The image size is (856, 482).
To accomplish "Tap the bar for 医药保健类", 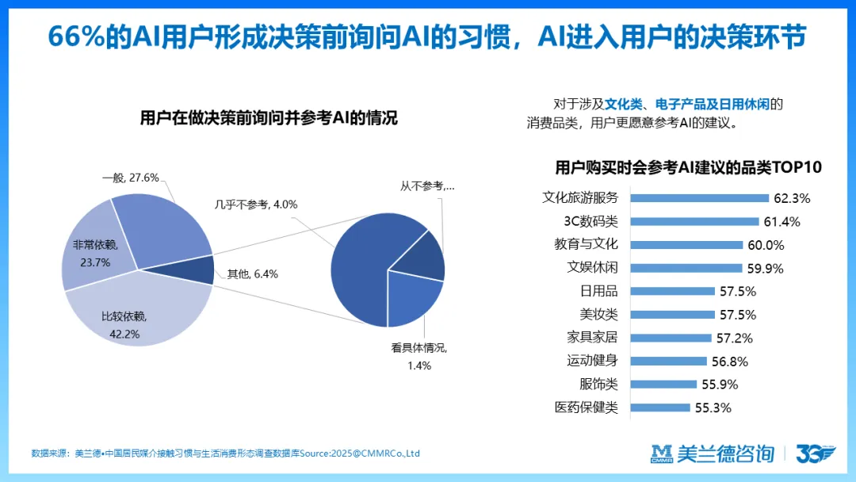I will point(662,407).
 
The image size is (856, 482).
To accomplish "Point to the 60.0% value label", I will point(766,245).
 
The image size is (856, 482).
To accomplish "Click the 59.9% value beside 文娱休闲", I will point(765,268).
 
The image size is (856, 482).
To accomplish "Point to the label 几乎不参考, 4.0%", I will point(255,205).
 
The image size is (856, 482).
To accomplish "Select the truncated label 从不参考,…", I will point(427,186).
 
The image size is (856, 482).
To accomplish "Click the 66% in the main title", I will point(76,36).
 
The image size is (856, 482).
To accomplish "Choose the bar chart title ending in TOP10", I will point(688,167).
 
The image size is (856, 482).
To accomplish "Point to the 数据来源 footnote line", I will point(225,454).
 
